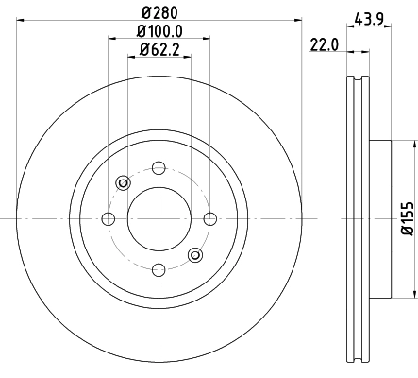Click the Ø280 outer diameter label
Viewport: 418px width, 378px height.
click(158, 13)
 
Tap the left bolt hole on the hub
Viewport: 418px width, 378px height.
click(108, 219)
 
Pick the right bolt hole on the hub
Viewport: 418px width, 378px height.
click(208, 219)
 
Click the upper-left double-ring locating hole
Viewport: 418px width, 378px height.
click(122, 183)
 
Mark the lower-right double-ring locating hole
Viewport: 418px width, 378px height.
click(194, 253)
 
